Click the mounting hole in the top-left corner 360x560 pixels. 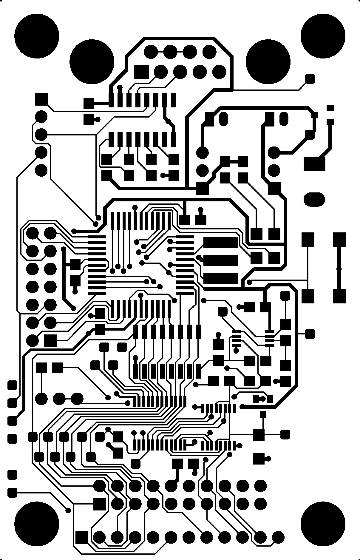click(37, 36)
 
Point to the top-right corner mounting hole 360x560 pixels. click(323, 36)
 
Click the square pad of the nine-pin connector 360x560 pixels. click(141, 72)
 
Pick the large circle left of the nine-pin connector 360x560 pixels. click(92, 61)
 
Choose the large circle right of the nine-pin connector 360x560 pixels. click(268, 61)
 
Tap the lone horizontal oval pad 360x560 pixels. click(314, 199)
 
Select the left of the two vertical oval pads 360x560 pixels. click(223, 118)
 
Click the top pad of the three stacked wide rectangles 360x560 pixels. click(220, 243)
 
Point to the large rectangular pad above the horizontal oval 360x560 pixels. click(314, 163)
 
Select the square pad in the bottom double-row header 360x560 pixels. click(100, 504)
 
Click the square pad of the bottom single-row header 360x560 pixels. click(82, 538)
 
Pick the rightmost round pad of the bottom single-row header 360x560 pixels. click(278, 537)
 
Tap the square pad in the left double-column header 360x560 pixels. click(50, 340)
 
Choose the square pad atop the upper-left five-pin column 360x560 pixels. click(41, 99)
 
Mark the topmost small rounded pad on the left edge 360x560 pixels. click(12, 385)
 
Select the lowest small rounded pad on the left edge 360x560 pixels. click(12, 493)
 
